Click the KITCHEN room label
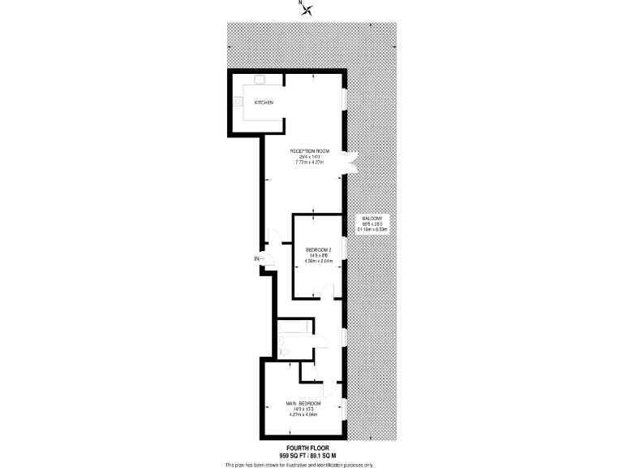click(264, 103)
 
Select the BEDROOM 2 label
click(317, 249)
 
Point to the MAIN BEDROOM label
click(303, 404)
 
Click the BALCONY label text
click(372, 219)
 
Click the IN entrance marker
click(258, 259)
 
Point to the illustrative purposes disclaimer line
click(299, 464)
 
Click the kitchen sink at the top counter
click(260, 80)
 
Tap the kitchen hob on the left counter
click(238, 102)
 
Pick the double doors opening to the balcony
click(350, 162)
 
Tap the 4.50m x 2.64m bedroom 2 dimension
click(317, 260)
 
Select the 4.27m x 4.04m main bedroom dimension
click(303, 415)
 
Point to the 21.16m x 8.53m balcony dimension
click(372, 230)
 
